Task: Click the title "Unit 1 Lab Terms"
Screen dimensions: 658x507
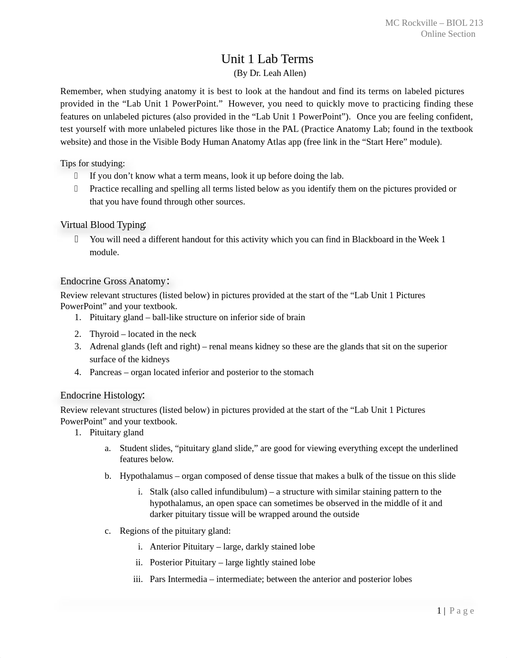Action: pyautogui.click(x=267, y=59)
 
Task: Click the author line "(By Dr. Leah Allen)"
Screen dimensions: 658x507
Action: pyautogui.click(x=270, y=73)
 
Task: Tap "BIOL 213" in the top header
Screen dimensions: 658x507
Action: pyautogui.click(x=465, y=23)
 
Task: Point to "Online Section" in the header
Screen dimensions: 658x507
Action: pyautogui.click(x=448, y=34)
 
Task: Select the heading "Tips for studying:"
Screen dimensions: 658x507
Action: pyautogui.click(x=93, y=163)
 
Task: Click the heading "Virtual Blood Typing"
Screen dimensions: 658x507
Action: pyautogui.click(x=103, y=225)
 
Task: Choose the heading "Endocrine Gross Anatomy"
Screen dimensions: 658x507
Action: pyautogui.click(x=113, y=281)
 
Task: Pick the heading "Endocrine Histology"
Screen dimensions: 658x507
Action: pyautogui.click(x=102, y=396)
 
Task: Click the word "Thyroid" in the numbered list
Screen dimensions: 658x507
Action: pyautogui.click(x=104, y=334)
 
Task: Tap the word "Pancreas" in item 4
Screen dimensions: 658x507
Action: pyautogui.click(x=106, y=372)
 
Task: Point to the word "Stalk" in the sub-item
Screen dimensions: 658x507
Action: pyautogui.click(x=160, y=492)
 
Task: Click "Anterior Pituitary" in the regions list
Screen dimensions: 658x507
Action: pyautogui.click(x=182, y=547)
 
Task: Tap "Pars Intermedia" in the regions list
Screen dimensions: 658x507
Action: pyautogui.click(x=178, y=579)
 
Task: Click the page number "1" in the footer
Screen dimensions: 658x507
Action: pyautogui.click(x=439, y=611)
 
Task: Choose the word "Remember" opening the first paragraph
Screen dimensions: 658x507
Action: pyautogui.click(x=81, y=91)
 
